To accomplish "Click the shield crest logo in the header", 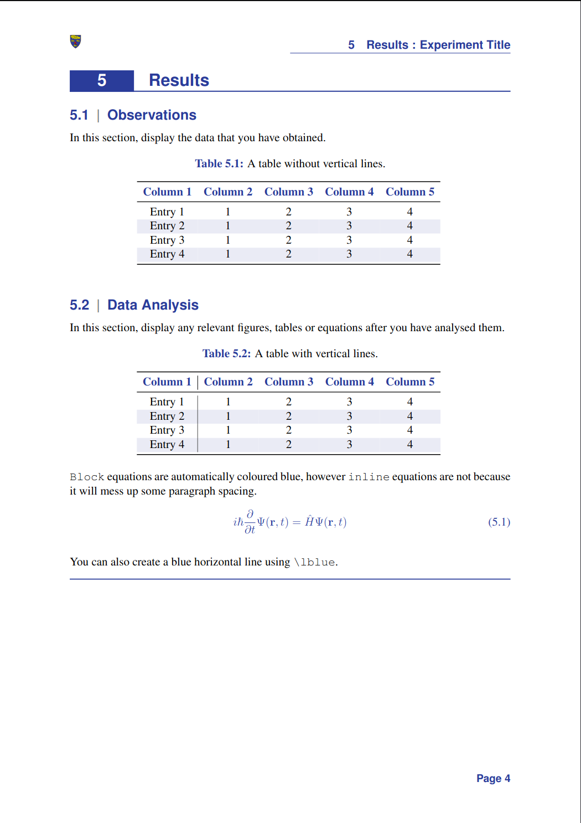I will (x=76, y=42).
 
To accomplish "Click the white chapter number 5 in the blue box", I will (x=102, y=81).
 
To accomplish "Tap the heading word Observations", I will (x=152, y=115).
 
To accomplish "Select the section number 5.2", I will (x=79, y=305).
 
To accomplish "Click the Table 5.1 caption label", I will (x=219, y=164).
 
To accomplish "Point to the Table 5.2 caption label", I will (x=226, y=354).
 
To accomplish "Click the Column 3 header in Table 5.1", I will (x=288, y=192).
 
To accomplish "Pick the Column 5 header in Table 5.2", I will (x=410, y=382).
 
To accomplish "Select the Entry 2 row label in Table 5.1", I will (x=167, y=226).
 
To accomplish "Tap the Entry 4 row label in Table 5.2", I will (x=167, y=445).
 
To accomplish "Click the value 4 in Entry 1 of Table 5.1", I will (x=410, y=212).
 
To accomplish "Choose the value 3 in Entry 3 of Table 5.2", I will (x=349, y=430).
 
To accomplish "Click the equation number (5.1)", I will (x=499, y=522).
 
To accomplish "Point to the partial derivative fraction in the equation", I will (x=250, y=522).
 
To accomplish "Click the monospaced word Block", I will (x=87, y=477).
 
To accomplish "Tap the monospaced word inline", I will (x=369, y=477).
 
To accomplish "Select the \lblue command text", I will (x=314, y=563).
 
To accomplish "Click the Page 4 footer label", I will (x=493, y=779).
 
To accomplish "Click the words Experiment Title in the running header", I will (x=465, y=45).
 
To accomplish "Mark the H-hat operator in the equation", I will (x=310, y=522).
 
